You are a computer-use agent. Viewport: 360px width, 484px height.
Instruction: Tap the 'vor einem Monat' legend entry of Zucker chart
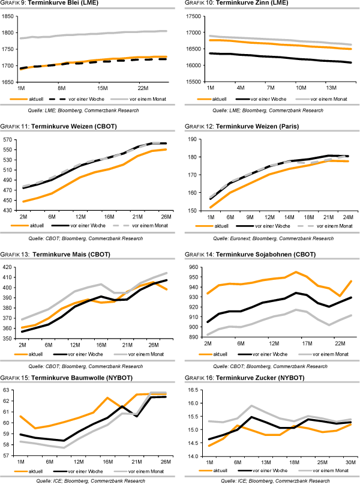pos(326,470)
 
